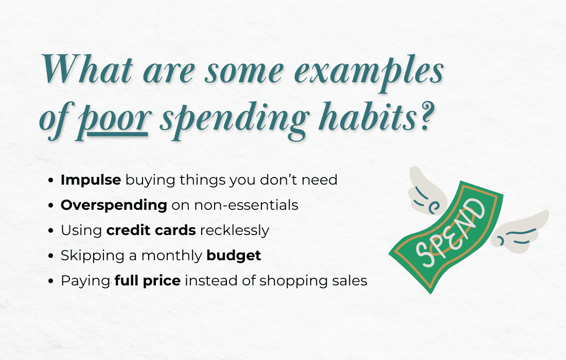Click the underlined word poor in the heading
pos(113,120)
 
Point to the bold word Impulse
pos(91,179)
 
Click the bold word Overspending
pos(114,205)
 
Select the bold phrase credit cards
pos(151,230)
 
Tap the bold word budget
pos(234,256)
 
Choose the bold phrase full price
pos(147,281)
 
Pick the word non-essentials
pos(246,205)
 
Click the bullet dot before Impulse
pos(51,180)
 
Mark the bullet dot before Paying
pos(51,281)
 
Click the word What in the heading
pos(87,68)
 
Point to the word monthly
pos(172,256)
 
